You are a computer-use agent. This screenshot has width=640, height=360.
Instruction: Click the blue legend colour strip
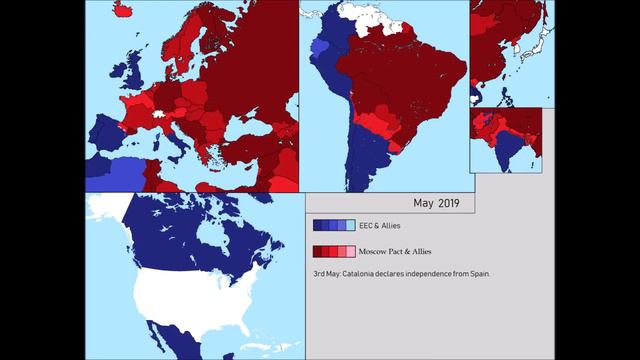tap(333, 226)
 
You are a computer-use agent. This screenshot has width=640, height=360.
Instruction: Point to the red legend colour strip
tap(333, 252)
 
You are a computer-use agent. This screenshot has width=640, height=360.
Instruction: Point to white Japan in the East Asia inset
tap(540, 40)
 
